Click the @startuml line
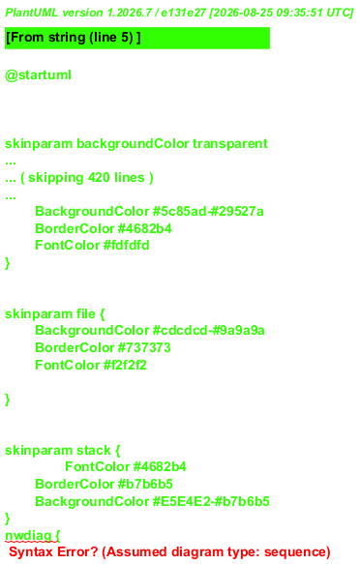pyautogui.click(x=38, y=75)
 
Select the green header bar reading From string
pyautogui.click(x=137, y=38)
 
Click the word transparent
pyautogui.click(x=230, y=144)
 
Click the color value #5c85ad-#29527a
pyautogui.click(x=208, y=211)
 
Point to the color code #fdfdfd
pyautogui.click(x=126, y=246)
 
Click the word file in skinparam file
pyautogui.click(x=85, y=313)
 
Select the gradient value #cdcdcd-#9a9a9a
pyautogui.click(x=209, y=330)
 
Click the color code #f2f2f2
pyautogui.click(x=125, y=365)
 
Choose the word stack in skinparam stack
pyautogui.click(x=94, y=450)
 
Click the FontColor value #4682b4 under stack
pyautogui.click(x=160, y=466)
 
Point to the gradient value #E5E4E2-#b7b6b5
pyautogui.click(x=211, y=501)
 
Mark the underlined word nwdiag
pyautogui.click(x=28, y=535)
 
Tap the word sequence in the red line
pyautogui.click(x=295, y=552)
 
